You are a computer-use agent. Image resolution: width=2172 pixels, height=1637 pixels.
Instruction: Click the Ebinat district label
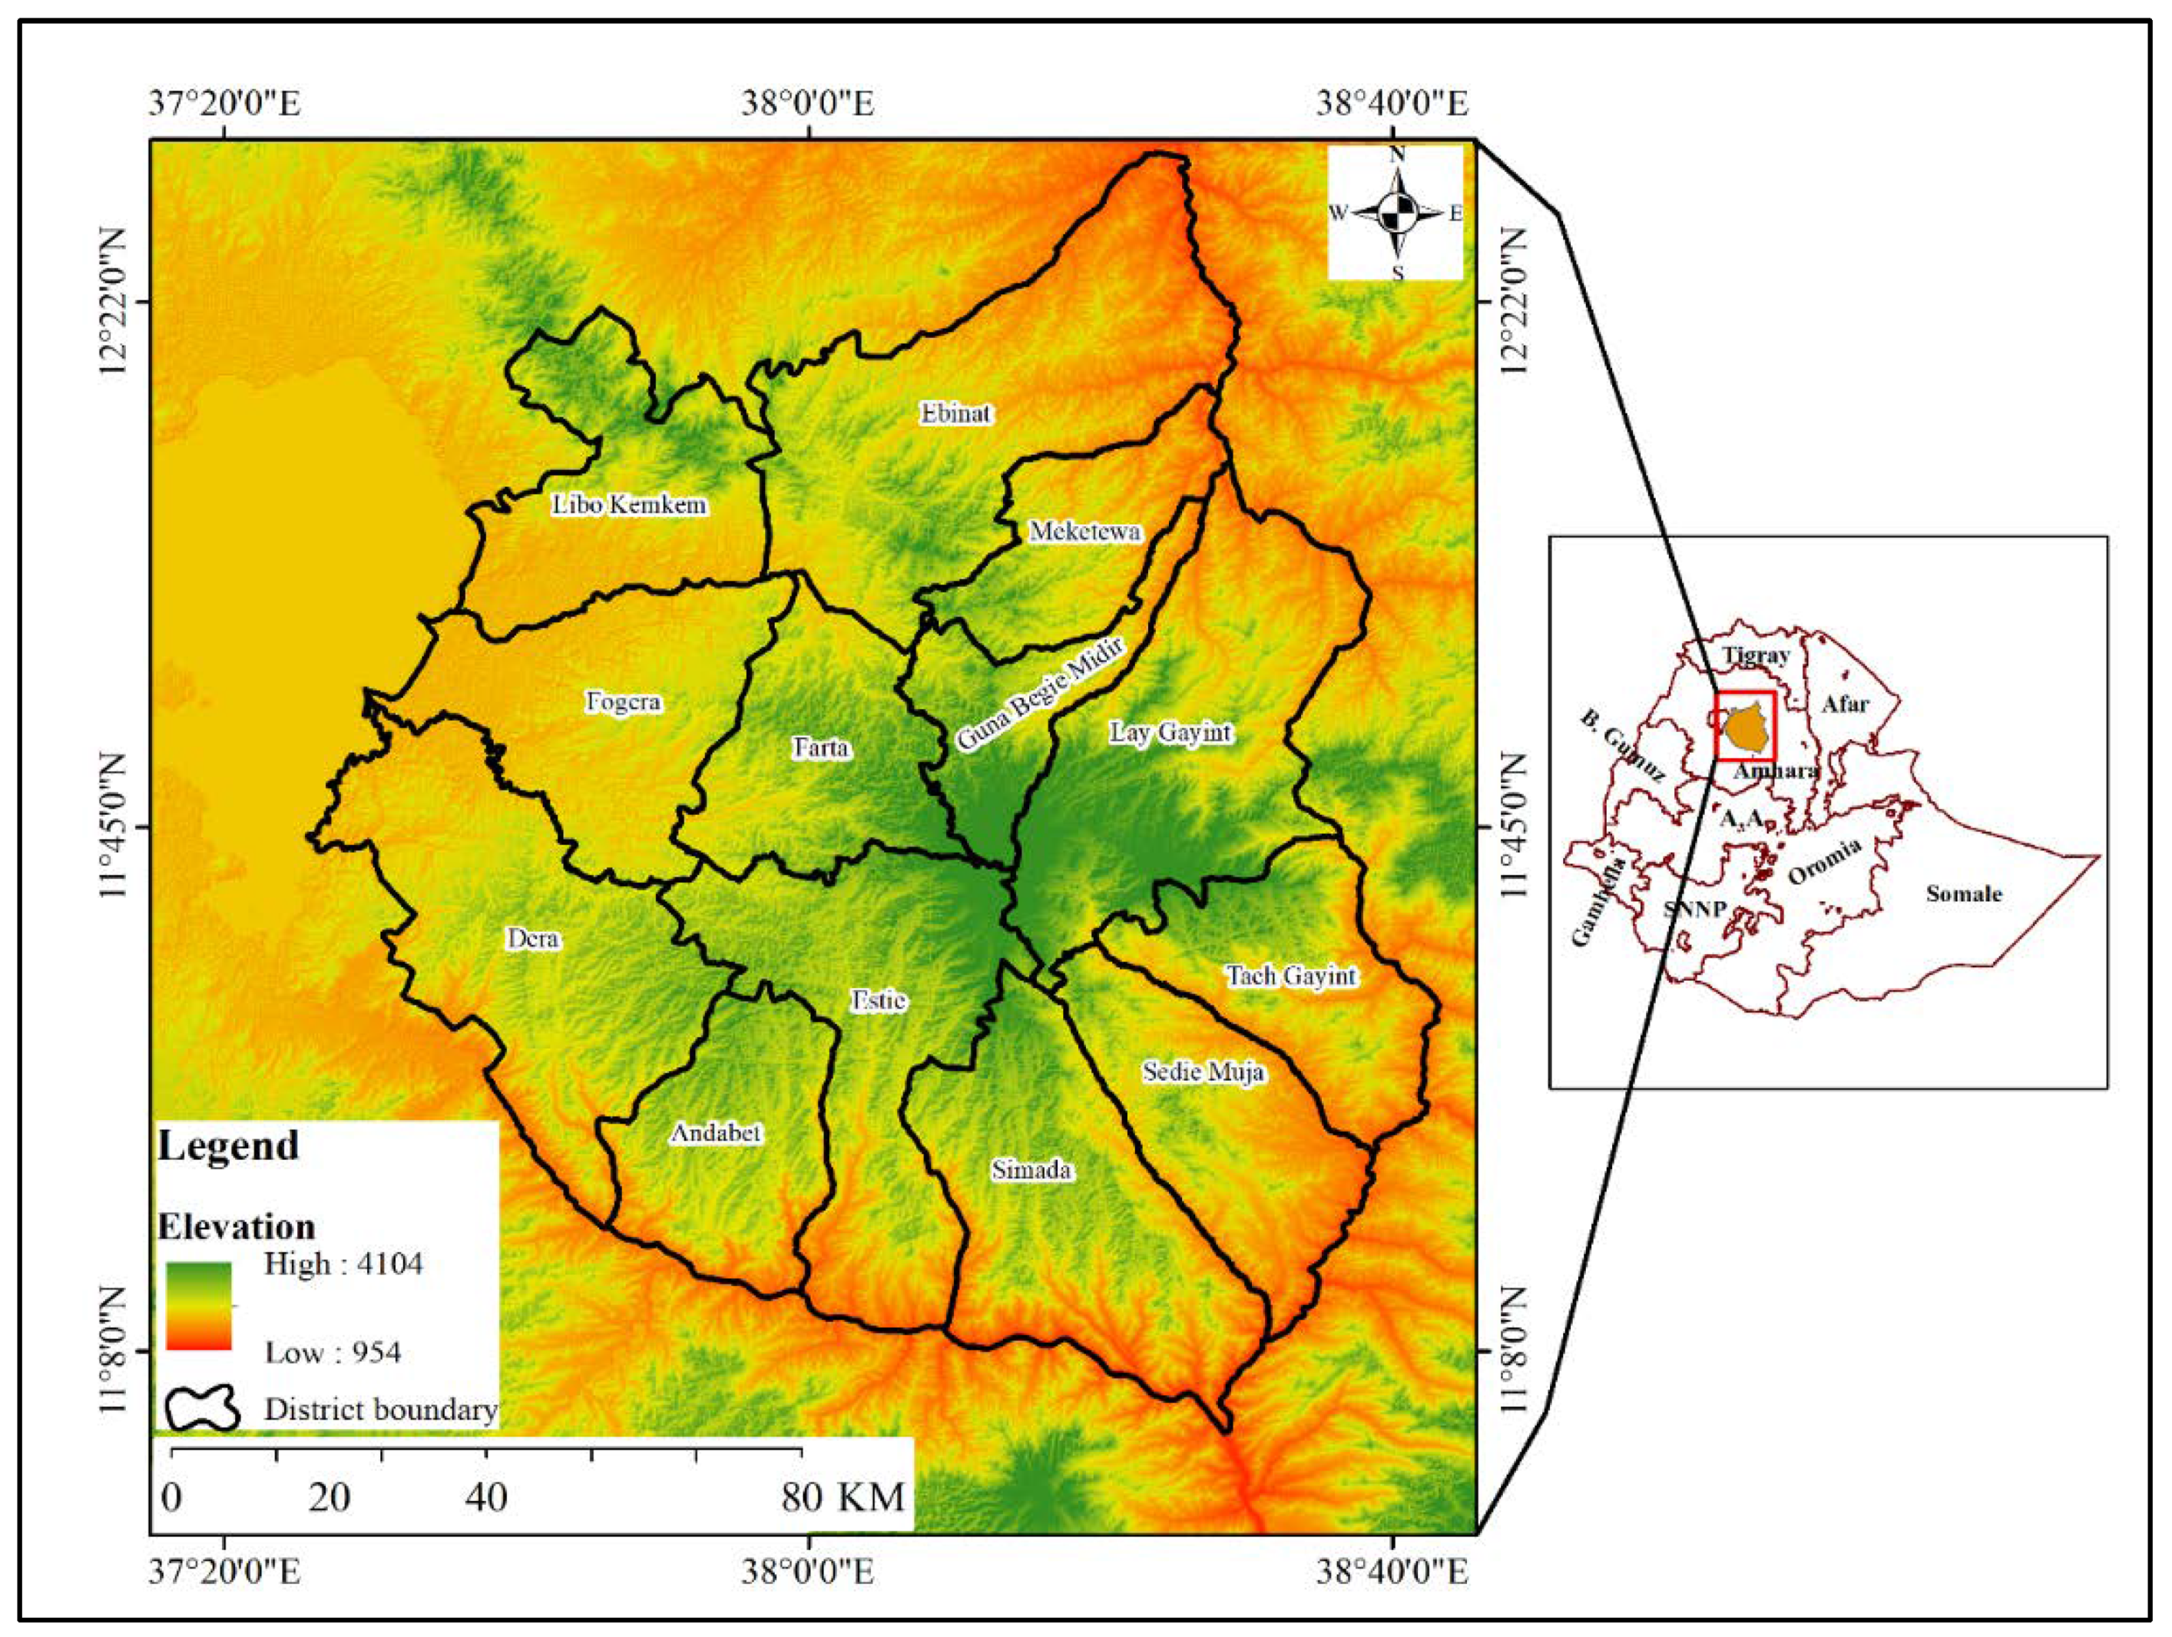pyautogui.click(x=955, y=413)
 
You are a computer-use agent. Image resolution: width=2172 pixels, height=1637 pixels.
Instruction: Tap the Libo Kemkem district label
pyautogui.click(x=628, y=505)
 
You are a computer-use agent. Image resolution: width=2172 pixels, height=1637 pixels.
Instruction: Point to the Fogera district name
pyautogui.click(x=624, y=702)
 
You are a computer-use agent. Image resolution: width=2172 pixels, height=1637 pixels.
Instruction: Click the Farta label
pyautogui.click(x=821, y=748)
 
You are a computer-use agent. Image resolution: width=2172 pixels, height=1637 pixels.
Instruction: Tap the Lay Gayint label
pyautogui.click(x=1170, y=733)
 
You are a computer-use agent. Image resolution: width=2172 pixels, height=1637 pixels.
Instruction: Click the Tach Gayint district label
pyautogui.click(x=1291, y=975)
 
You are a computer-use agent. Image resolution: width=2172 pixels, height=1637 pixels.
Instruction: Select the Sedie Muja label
pyautogui.click(x=1203, y=1072)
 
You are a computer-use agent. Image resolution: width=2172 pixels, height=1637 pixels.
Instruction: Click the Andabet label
pyautogui.click(x=716, y=1133)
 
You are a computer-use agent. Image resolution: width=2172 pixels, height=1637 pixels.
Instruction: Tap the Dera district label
pyautogui.click(x=533, y=939)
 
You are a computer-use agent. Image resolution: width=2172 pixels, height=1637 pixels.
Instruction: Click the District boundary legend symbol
pyautogui.click(x=202, y=1409)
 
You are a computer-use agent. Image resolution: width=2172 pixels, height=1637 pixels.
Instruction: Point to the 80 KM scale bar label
pyautogui.click(x=843, y=1497)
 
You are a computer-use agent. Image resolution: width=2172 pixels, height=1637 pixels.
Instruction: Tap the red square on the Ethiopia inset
pyautogui.click(x=1745, y=726)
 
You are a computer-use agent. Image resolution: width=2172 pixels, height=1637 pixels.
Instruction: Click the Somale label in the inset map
pyautogui.click(x=1963, y=893)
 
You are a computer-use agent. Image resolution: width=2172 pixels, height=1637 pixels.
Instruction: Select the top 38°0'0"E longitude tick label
pyautogui.click(x=807, y=103)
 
